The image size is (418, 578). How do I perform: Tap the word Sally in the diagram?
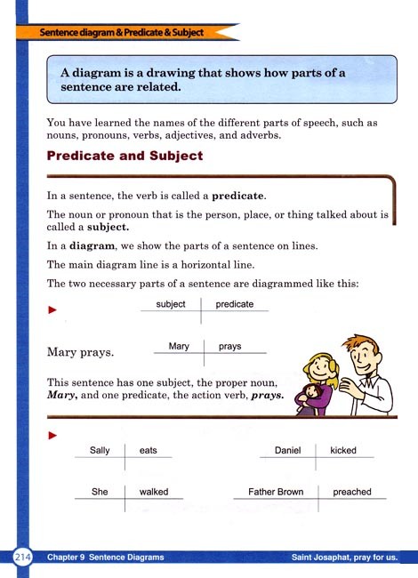(x=100, y=451)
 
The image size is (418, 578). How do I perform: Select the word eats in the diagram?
(x=148, y=451)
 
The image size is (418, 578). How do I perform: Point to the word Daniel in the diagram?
(x=288, y=451)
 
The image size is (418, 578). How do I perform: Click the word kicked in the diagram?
(x=342, y=451)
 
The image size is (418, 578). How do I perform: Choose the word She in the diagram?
(x=100, y=492)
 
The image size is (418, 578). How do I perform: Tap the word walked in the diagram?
(x=154, y=492)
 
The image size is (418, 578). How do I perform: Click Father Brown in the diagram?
(x=276, y=492)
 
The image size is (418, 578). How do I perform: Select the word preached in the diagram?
(x=352, y=492)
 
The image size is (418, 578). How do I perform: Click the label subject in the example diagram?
(x=170, y=304)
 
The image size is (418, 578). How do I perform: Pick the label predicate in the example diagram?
(x=235, y=304)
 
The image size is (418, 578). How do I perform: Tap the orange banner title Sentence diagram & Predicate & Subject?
(x=122, y=32)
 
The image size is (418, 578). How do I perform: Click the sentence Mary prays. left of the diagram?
(x=79, y=352)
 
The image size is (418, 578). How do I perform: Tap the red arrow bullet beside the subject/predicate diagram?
(x=52, y=310)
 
